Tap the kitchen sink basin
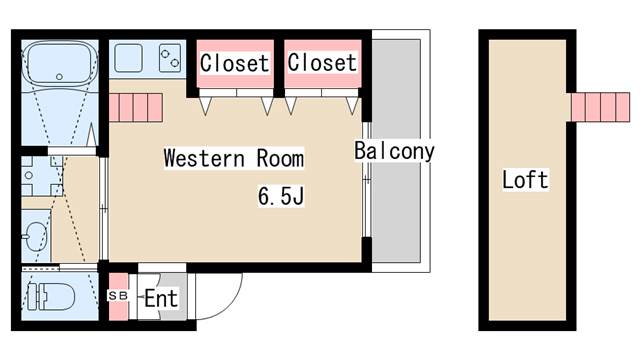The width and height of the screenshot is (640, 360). [129, 58]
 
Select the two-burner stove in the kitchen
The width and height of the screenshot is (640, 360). [168, 58]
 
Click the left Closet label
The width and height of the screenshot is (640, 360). [234, 63]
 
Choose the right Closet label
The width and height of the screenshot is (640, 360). [322, 62]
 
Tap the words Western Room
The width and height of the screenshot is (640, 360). [233, 158]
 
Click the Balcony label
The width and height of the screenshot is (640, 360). [394, 152]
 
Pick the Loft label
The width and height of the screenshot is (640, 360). [525, 180]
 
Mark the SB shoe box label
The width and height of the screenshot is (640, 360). [118, 297]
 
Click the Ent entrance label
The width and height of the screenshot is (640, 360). [160, 298]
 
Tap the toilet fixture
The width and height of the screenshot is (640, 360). [50, 296]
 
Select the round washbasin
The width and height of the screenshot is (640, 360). [34, 237]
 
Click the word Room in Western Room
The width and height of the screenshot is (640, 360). [280, 158]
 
